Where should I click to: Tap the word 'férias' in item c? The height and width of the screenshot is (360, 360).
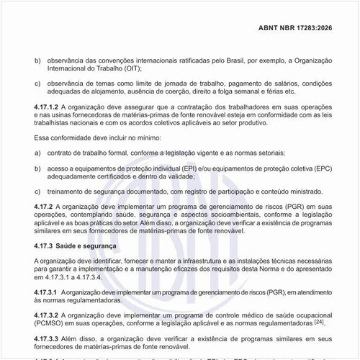tap(274, 92)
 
